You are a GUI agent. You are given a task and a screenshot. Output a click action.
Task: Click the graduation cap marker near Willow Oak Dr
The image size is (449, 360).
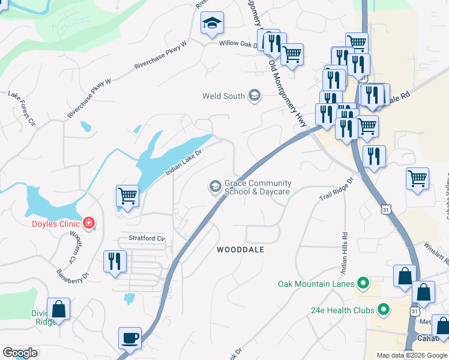point(212,23)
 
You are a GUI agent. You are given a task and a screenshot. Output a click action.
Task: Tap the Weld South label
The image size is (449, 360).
point(224,96)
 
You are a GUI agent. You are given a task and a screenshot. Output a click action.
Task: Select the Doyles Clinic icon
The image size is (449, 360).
point(89,224)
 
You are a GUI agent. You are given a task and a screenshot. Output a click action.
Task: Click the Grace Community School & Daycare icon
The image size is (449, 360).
point(215,187)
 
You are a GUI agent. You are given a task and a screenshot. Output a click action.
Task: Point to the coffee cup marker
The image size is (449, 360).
point(130,338)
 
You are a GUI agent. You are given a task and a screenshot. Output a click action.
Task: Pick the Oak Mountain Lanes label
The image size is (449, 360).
point(316,283)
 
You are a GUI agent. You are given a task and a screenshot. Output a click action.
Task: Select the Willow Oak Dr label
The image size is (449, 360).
point(238,43)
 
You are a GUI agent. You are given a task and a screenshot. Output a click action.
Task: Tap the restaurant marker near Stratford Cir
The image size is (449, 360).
point(114,262)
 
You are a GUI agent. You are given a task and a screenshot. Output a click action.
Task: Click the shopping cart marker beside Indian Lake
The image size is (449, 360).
point(127,196)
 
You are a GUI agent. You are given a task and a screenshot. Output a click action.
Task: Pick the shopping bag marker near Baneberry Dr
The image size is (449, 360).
point(58,310)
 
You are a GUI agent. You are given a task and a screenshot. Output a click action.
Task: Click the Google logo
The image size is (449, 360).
point(20,353)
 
